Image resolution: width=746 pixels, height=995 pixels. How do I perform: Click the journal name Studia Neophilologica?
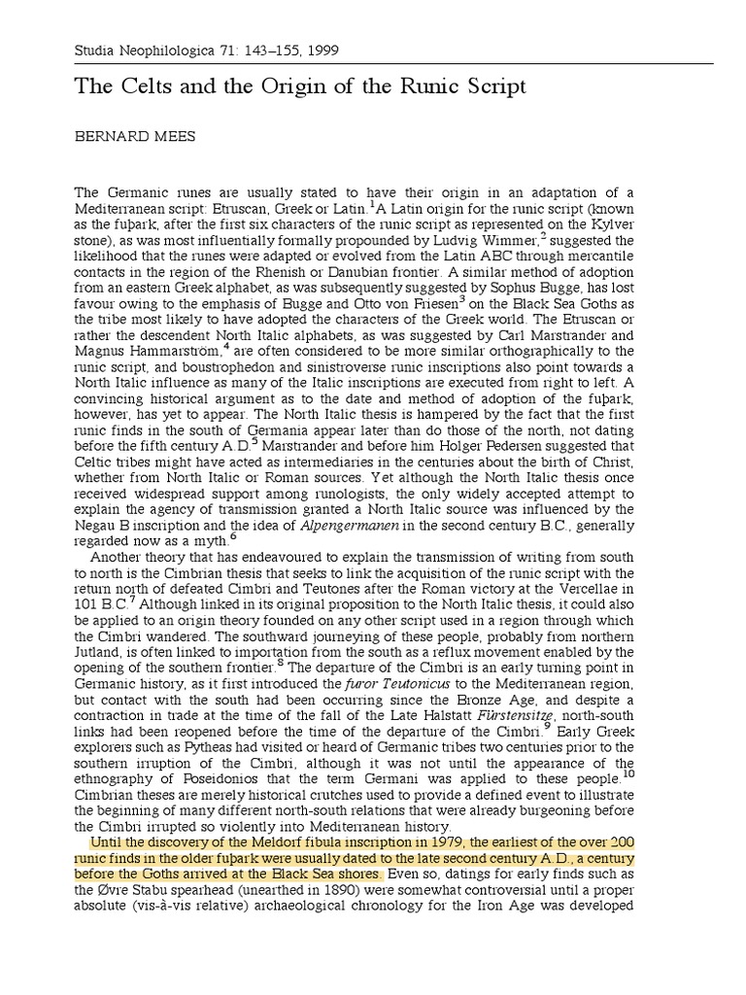pos(144,50)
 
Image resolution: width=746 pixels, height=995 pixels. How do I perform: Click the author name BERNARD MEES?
pos(135,137)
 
